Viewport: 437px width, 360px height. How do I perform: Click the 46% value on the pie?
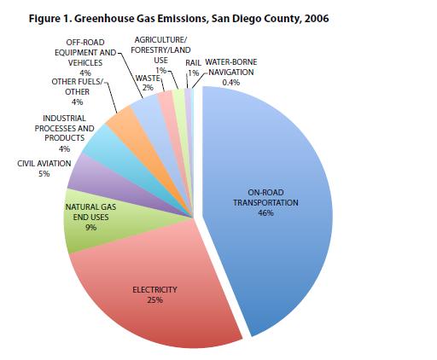click(265, 214)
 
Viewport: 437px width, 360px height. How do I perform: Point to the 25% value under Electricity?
click(154, 300)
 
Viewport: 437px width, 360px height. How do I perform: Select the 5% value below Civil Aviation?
click(43, 173)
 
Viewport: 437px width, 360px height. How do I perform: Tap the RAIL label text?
click(192, 63)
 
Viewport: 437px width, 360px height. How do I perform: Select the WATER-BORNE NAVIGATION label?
click(229, 67)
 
